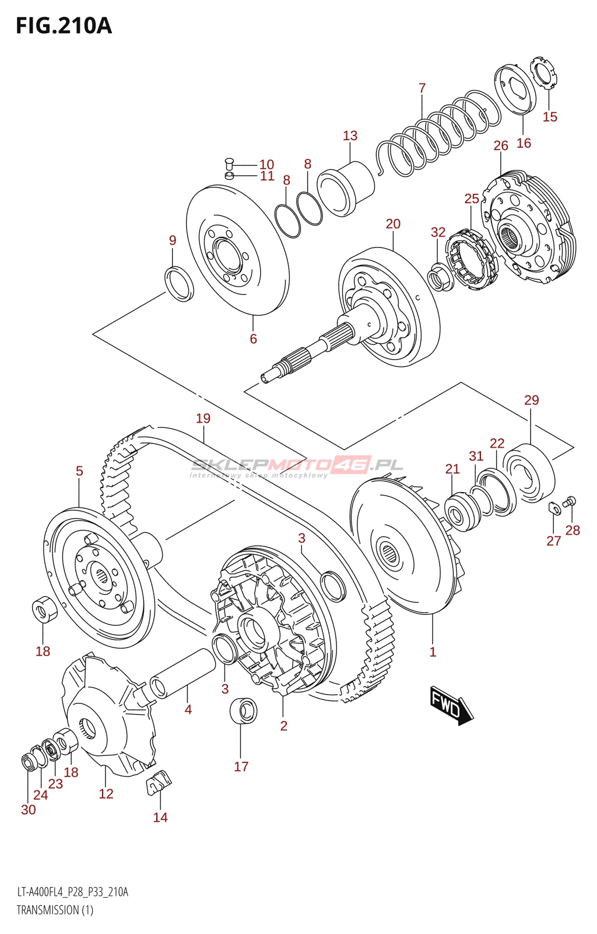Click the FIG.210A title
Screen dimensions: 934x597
(x=64, y=26)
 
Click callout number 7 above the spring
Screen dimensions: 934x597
(x=422, y=88)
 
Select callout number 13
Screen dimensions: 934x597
(x=350, y=136)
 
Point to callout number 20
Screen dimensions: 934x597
(x=393, y=224)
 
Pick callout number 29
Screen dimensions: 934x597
(x=531, y=400)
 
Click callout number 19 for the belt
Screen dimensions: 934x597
(x=203, y=419)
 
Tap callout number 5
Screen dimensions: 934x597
(x=79, y=471)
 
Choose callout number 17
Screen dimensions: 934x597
(x=241, y=766)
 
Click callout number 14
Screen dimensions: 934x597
(x=160, y=817)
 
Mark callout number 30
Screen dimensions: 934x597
(x=29, y=810)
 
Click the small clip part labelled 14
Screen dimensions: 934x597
(x=158, y=782)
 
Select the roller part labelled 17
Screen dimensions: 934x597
(x=244, y=710)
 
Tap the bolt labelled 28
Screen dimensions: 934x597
(x=570, y=501)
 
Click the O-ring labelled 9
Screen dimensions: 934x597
(x=181, y=283)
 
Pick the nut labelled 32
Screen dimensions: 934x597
(x=440, y=277)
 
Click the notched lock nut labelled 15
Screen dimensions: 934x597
(x=545, y=73)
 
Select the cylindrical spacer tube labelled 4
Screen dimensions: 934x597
(x=183, y=672)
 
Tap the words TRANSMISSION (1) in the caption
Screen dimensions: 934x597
(x=55, y=910)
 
